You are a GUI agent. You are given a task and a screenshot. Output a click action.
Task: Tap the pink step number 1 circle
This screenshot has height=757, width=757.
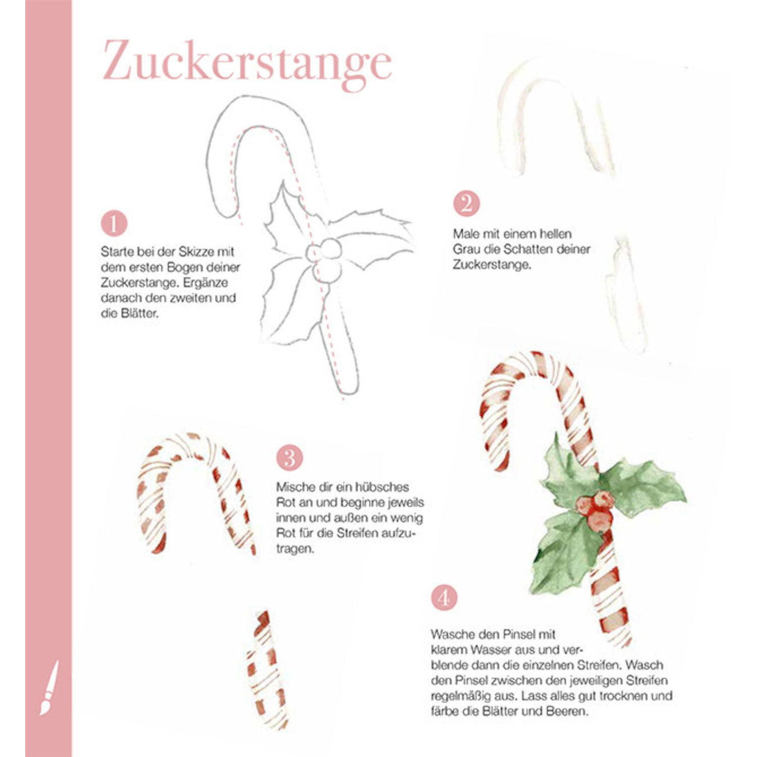coord(114,224)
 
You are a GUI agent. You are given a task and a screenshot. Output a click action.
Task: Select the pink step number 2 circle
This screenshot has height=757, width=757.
coord(466,203)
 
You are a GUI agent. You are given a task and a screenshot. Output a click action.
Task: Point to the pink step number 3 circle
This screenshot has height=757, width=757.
coord(289,458)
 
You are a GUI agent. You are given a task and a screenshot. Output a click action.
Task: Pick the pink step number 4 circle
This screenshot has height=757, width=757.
coord(444,598)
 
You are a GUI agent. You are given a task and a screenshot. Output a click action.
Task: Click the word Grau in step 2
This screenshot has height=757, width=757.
coord(465,249)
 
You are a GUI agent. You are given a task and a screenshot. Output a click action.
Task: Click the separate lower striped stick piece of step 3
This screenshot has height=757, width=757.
coord(266,669)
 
